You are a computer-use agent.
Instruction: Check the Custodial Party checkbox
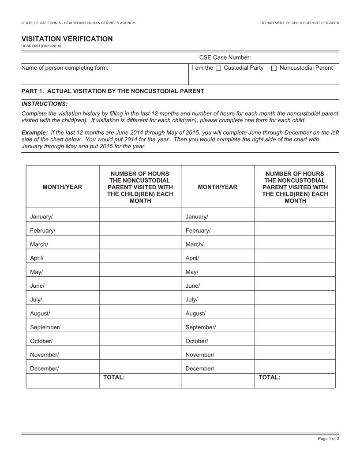point(218,68)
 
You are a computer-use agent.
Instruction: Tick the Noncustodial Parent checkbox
point(274,68)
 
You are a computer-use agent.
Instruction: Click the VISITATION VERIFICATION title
point(67,39)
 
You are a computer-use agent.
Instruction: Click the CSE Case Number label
point(225,57)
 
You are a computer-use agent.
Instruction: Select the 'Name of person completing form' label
point(65,68)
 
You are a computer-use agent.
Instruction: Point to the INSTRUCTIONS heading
point(45,104)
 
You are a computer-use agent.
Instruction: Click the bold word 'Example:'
point(34,132)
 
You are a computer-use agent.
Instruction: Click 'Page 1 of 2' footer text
point(328,439)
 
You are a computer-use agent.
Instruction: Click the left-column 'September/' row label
point(45,327)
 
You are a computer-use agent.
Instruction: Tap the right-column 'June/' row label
point(193,286)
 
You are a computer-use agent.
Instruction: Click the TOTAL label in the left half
point(114,377)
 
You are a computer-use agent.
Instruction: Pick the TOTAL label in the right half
point(269,377)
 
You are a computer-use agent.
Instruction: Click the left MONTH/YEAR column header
point(62,187)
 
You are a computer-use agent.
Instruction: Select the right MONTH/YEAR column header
point(217,187)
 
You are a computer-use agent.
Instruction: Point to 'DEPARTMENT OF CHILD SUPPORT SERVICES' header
point(300,23)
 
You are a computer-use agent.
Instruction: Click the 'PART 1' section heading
point(112,91)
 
